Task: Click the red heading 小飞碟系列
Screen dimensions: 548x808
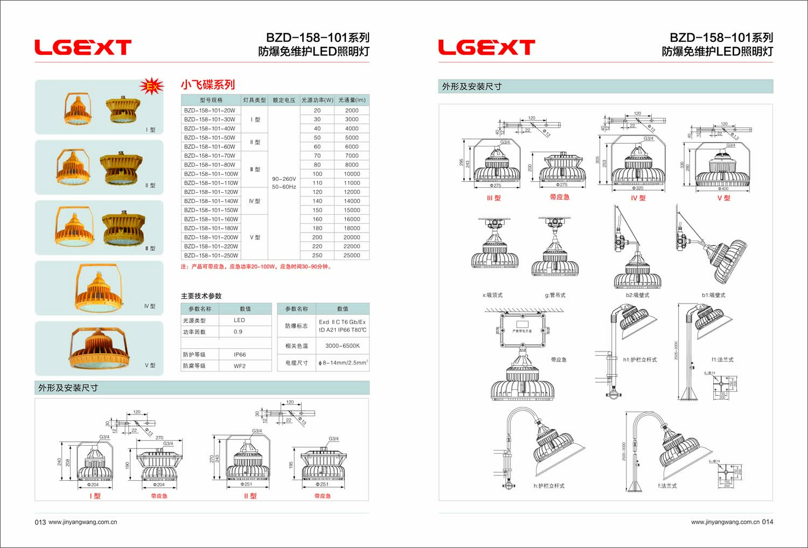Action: click(207, 85)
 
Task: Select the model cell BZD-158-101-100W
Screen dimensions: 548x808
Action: click(211, 174)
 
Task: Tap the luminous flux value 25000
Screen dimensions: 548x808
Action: click(352, 256)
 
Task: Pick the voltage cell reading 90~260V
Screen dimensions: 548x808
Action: click(284, 179)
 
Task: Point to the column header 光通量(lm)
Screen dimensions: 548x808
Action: click(352, 100)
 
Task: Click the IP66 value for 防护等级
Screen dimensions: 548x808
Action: click(240, 355)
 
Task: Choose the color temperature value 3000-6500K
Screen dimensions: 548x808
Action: click(342, 346)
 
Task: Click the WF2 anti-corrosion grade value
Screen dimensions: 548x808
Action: click(240, 366)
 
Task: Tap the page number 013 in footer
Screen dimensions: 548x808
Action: click(40, 522)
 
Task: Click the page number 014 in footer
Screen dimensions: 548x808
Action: click(767, 522)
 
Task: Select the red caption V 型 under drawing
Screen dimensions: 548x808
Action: click(723, 198)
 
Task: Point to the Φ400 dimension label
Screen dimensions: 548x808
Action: click(723, 189)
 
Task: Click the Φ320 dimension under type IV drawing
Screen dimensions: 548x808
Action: click(638, 188)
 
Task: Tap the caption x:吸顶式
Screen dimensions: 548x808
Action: click(492, 295)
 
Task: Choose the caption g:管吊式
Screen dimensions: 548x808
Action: click(555, 295)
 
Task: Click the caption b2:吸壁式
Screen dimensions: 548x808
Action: click(637, 295)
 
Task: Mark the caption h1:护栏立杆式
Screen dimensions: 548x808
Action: click(640, 360)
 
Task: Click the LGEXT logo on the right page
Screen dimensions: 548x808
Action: click(486, 47)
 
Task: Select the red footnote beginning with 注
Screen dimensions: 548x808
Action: click(256, 266)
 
